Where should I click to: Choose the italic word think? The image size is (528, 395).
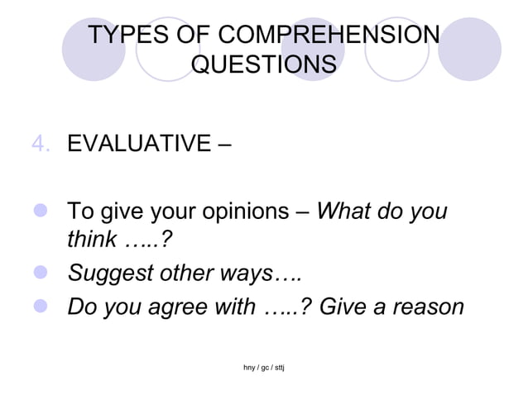click(x=89, y=240)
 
